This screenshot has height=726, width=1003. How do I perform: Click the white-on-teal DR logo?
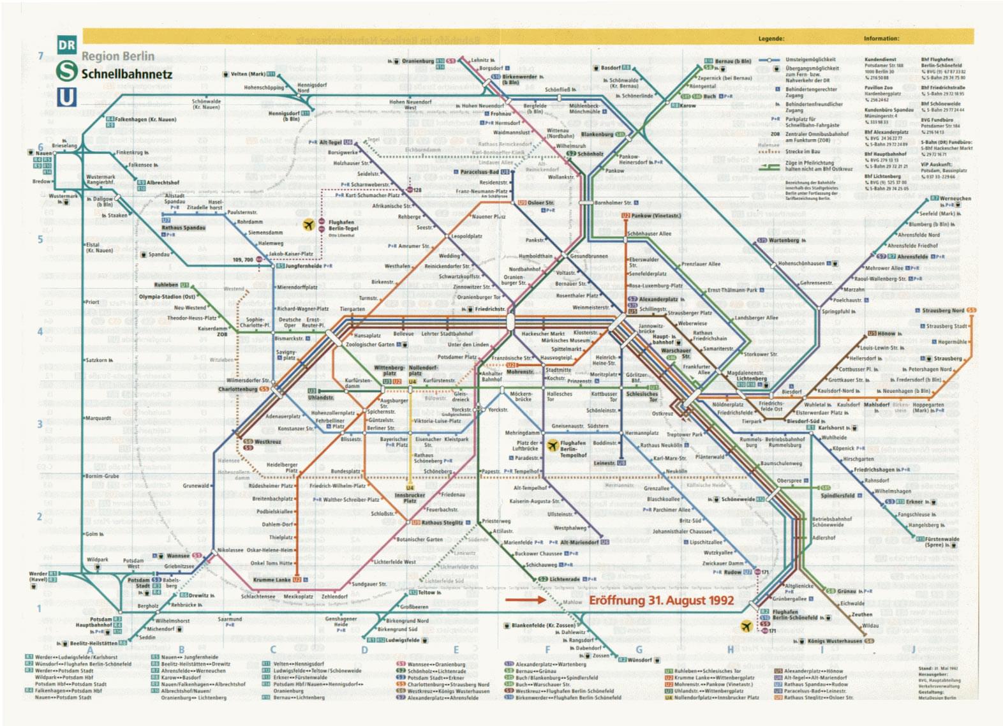click(x=66, y=45)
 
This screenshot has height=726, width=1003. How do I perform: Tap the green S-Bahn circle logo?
click(x=66, y=71)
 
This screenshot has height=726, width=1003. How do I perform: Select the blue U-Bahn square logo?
click(x=66, y=97)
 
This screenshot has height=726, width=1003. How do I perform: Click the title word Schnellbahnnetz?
click(x=126, y=74)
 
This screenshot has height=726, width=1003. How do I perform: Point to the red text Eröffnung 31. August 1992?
click(x=661, y=600)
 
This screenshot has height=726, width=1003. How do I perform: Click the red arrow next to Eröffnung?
click(x=524, y=600)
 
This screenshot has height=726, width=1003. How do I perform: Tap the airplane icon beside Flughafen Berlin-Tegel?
click(x=309, y=225)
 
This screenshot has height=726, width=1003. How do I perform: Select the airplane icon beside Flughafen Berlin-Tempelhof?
click(x=553, y=445)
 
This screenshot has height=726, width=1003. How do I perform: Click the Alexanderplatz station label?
click(x=658, y=299)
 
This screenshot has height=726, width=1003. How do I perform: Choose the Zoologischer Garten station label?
click(x=370, y=344)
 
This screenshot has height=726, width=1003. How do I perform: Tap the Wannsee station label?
click(x=178, y=556)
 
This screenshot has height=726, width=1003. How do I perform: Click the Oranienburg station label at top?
click(x=418, y=61)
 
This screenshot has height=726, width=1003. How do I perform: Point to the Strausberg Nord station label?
click(x=943, y=311)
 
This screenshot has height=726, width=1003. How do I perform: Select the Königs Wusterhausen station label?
click(x=835, y=641)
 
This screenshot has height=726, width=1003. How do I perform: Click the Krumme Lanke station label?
click(x=272, y=580)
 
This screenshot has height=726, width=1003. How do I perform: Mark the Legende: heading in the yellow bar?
click(x=771, y=39)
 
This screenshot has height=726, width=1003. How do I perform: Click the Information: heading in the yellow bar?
click(x=881, y=39)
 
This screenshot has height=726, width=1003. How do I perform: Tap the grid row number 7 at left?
click(x=40, y=56)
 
